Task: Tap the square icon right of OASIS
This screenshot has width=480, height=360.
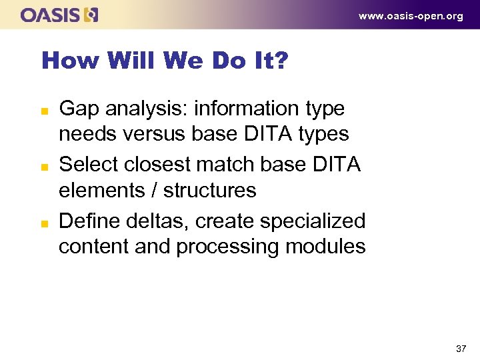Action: pos(91,15)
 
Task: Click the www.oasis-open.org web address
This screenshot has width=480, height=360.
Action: pos(411,16)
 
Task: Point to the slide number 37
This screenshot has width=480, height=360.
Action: pos(461,349)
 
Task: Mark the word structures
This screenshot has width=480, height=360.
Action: pos(209,191)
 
